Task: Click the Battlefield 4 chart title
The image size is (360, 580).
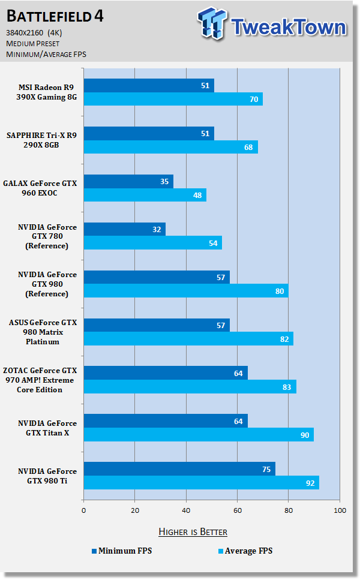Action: click(x=55, y=16)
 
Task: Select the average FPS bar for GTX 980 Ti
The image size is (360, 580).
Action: click(x=201, y=483)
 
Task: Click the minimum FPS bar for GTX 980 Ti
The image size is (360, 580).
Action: click(x=179, y=469)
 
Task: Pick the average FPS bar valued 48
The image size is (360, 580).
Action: click(x=145, y=195)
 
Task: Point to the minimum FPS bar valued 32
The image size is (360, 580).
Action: click(x=124, y=229)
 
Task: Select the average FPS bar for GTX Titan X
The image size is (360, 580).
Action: click(x=199, y=435)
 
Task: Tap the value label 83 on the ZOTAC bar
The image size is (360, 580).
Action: click(x=286, y=387)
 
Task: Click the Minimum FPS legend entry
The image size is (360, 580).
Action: click(x=121, y=551)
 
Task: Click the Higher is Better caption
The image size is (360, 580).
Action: click(x=193, y=531)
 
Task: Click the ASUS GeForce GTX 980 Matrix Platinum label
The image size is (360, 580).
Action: click(x=43, y=332)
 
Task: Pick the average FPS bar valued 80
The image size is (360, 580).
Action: click(x=185, y=291)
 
